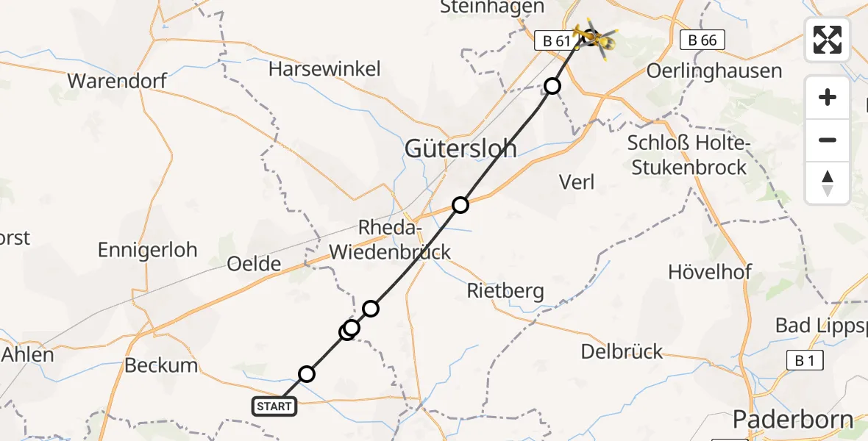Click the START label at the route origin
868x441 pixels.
pyautogui.click(x=275, y=406)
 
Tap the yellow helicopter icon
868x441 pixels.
pyautogui.click(x=597, y=39)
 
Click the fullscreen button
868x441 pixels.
pyautogui.click(x=828, y=40)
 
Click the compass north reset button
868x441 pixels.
pyautogui.click(x=828, y=183)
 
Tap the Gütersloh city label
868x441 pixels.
pyautogui.click(x=460, y=148)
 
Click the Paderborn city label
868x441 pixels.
pyautogui.click(x=793, y=420)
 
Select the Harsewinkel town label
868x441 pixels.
pyautogui.click(x=324, y=70)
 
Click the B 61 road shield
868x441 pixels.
pyautogui.click(x=557, y=41)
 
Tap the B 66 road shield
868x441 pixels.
pyautogui.click(x=702, y=40)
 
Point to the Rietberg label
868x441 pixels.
pyautogui.click(x=506, y=291)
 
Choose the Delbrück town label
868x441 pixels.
pyautogui.click(x=622, y=351)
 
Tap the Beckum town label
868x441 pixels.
pyautogui.click(x=161, y=365)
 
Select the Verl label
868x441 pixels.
pyautogui.click(x=577, y=182)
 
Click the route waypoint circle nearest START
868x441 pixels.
pyautogui.click(x=307, y=374)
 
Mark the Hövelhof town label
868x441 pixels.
pyautogui.click(x=709, y=272)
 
